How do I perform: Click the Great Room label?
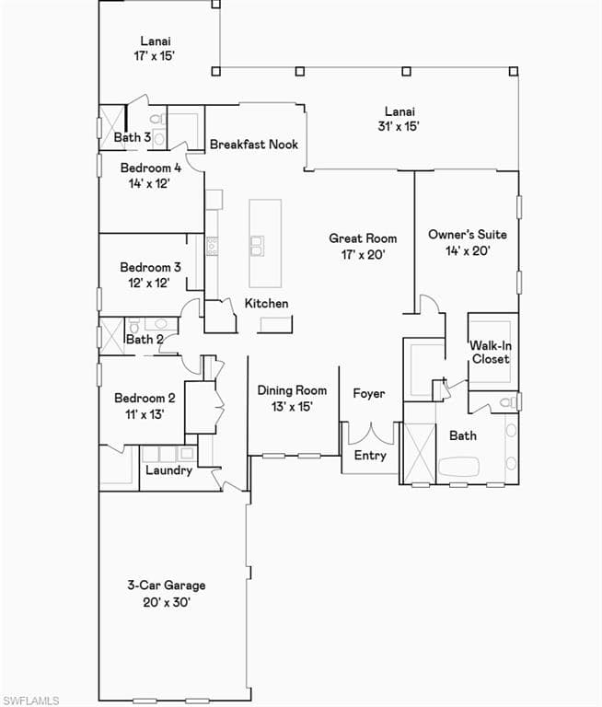point(363,238)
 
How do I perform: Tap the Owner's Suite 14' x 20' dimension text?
point(468,250)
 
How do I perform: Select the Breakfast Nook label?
point(254,145)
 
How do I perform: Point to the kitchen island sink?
point(257,246)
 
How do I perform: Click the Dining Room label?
point(292,390)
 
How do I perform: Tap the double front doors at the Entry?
point(371,434)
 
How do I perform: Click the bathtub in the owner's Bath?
point(458,466)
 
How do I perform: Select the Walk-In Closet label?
point(491,353)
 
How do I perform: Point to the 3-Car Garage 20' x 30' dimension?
point(167,602)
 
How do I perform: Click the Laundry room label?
point(168,470)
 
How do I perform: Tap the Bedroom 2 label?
point(145,398)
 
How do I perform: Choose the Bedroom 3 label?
point(150,267)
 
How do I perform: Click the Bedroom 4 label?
point(151,168)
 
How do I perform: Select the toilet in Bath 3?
point(157,120)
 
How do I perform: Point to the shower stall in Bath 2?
point(111,336)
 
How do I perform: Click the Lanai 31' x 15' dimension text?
point(399,126)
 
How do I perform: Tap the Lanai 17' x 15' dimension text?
point(154,56)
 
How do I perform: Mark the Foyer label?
point(369,393)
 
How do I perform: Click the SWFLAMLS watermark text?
point(29,701)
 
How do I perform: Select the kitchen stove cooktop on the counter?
point(212,246)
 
